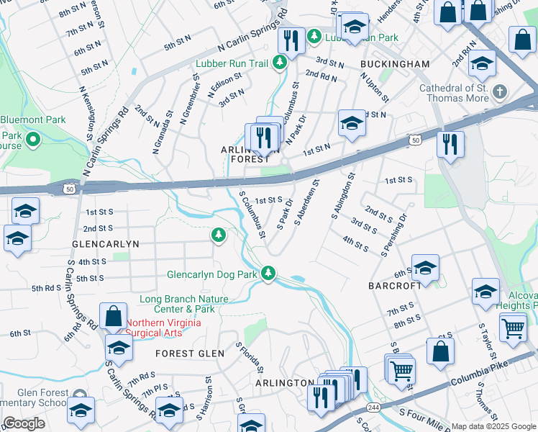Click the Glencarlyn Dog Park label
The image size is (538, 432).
(x=211, y=274)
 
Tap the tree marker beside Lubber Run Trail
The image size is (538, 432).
(x=281, y=63)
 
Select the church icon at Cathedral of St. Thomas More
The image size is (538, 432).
(x=500, y=93)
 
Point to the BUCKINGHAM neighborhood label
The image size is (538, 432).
(x=395, y=64)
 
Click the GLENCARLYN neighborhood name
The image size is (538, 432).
(x=106, y=245)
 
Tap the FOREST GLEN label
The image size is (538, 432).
(x=185, y=354)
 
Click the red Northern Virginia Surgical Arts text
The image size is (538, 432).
(x=163, y=328)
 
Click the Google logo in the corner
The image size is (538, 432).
(x=24, y=423)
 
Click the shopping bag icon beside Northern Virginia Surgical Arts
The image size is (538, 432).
(x=114, y=315)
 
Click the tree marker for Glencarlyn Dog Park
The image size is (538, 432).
(x=268, y=273)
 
